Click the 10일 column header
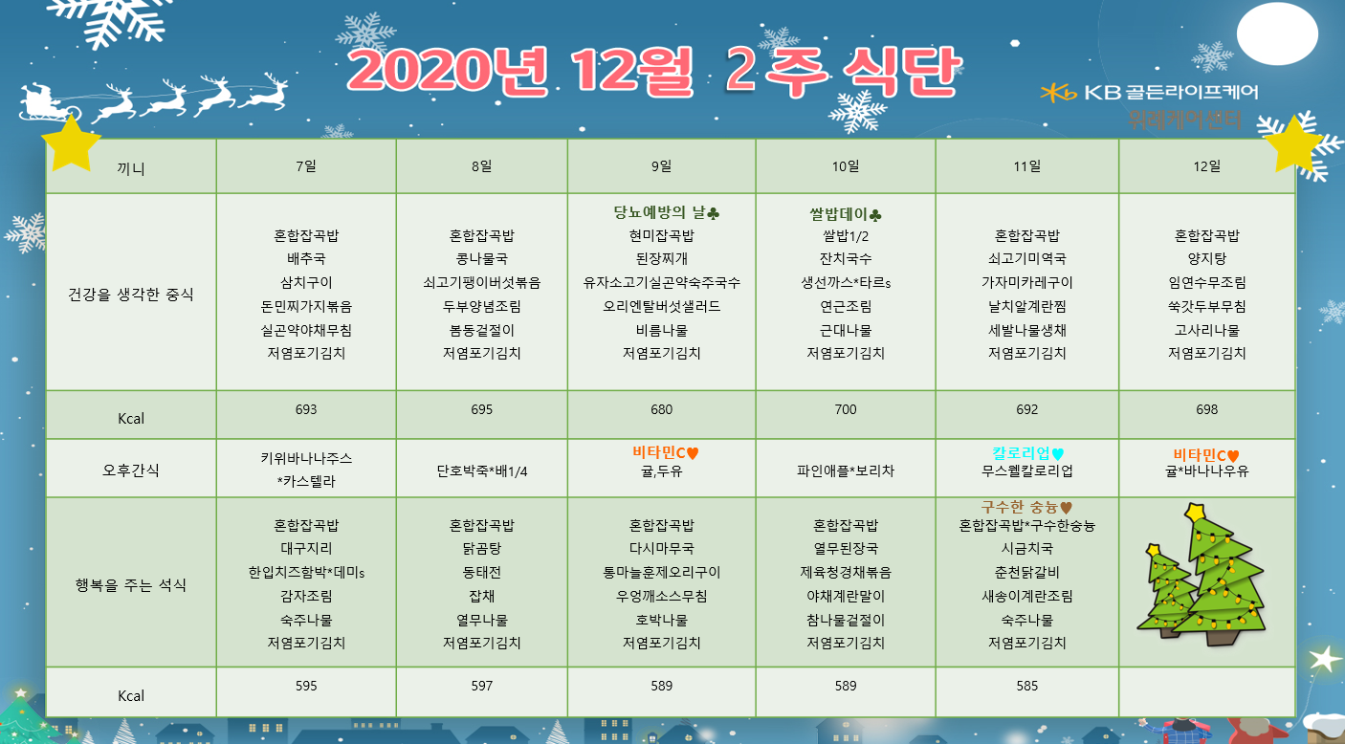845,166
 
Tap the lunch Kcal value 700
845,409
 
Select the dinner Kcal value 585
1026,686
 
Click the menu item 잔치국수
845,259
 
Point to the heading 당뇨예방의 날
659,212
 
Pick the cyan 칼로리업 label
1021,452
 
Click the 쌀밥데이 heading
838,214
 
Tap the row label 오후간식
130,470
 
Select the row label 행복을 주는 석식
130,585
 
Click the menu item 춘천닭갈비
1026,572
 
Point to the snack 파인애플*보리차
845,470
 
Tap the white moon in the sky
1277,33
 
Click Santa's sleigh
47,103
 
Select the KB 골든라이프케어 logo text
1171,92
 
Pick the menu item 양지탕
1206,259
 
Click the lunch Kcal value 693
305,409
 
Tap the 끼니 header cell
130,168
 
